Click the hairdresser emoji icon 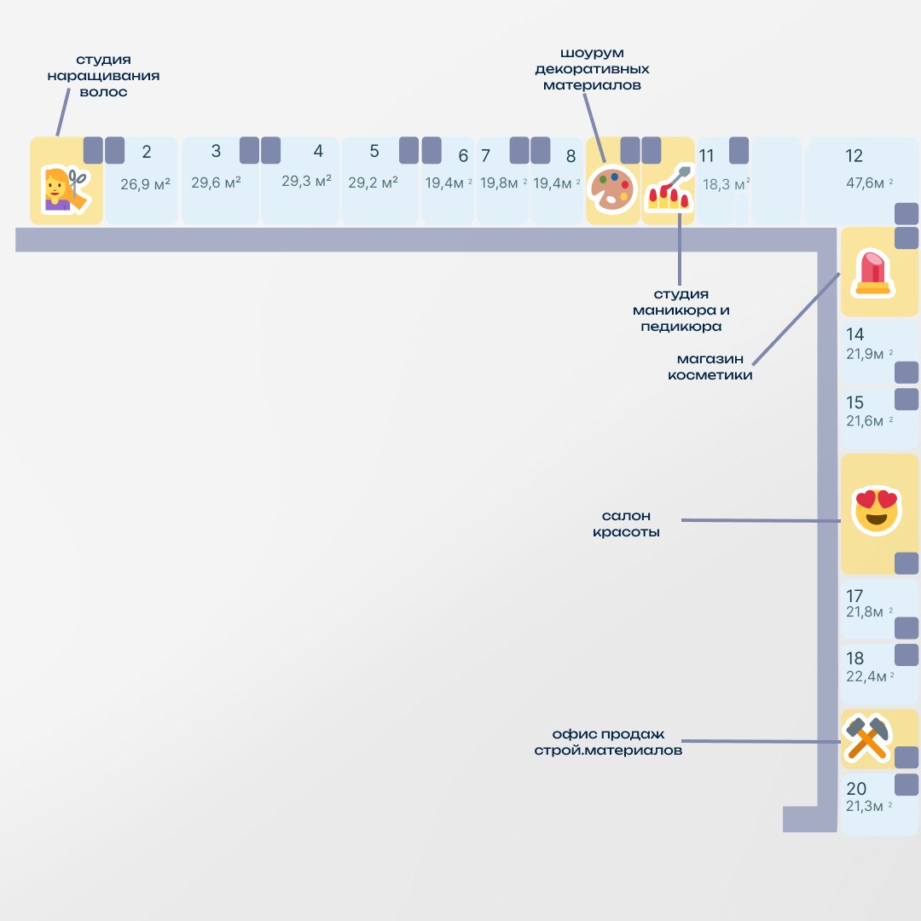pyautogui.click(x=67, y=189)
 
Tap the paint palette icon pyautogui.click(x=612, y=188)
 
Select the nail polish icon pyautogui.click(x=667, y=189)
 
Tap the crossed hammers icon pyautogui.click(x=866, y=739)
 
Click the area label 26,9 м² pyautogui.click(x=145, y=183)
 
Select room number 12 pyautogui.click(x=854, y=156)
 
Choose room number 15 pyautogui.click(x=854, y=403)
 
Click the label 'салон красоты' pyautogui.click(x=626, y=524)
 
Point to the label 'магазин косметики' pyautogui.click(x=710, y=367)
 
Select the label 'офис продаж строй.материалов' pyautogui.click(x=608, y=742)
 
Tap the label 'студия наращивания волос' pyautogui.click(x=103, y=75)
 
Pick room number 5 pyautogui.click(x=374, y=152)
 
